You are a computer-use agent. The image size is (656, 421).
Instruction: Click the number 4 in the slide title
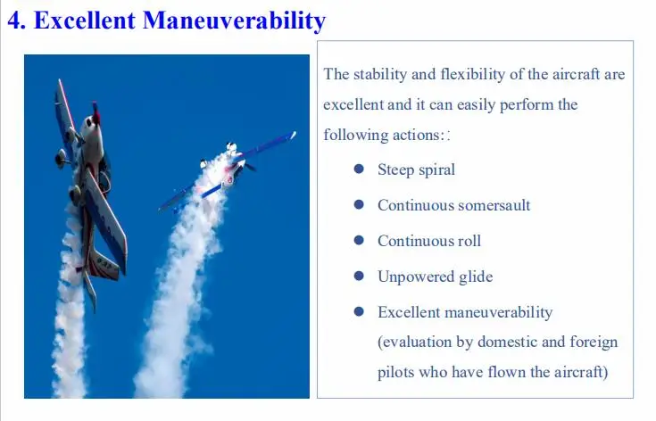(16, 21)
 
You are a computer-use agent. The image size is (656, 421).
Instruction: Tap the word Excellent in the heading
(85, 21)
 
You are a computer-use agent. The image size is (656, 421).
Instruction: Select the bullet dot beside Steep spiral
(359, 169)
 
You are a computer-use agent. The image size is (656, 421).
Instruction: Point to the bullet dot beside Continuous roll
(359, 240)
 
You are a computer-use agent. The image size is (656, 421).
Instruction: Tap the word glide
(476, 277)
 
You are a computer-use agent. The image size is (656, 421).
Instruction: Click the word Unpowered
(416, 277)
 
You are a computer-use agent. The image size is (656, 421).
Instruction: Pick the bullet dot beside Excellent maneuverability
(359, 311)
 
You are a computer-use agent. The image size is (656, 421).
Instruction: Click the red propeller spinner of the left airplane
(95, 113)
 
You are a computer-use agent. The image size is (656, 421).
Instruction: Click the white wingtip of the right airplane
(294, 135)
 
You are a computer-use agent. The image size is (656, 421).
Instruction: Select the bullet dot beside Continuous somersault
(359, 204)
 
